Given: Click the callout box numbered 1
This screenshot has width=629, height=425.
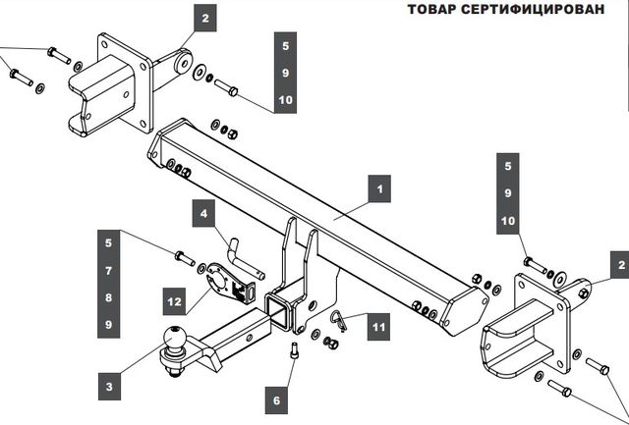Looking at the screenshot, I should pyautogui.click(x=377, y=184).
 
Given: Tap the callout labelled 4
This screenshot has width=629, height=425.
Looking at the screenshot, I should pyautogui.click(x=203, y=213).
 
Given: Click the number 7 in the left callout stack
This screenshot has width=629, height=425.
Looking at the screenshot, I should pyautogui.click(x=108, y=269).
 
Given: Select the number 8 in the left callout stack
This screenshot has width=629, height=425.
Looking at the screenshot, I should pyautogui.click(x=108, y=296).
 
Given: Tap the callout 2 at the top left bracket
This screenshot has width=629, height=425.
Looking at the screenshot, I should pyautogui.click(x=205, y=18).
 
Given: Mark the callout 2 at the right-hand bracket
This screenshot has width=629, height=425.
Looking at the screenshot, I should pyautogui.click(x=619, y=263).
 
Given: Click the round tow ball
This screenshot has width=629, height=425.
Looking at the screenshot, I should pyautogui.click(x=174, y=339).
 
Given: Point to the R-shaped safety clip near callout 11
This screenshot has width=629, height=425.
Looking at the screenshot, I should pyautogui.click(x=340, y=321).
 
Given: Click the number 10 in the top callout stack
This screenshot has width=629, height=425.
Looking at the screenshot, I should pyautogui.click(x=285, y=100).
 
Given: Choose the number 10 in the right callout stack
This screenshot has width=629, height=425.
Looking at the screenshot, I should pyautogui.click(x=508, y=222).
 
